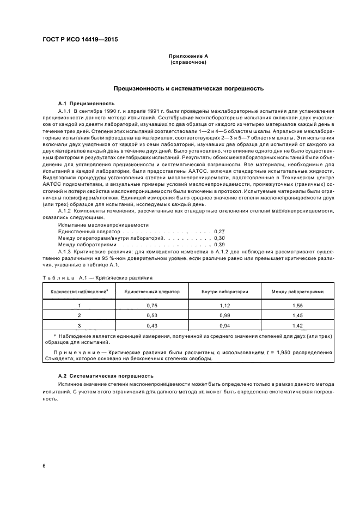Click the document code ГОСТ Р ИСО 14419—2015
80,40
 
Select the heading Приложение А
188,56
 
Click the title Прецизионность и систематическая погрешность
188,88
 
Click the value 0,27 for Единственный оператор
219,232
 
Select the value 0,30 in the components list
219,238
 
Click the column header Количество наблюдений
80,292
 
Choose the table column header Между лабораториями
297,292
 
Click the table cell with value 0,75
152,306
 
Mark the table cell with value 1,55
297,306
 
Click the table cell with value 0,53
152,315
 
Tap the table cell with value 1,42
297,325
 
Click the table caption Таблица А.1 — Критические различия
97,278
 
